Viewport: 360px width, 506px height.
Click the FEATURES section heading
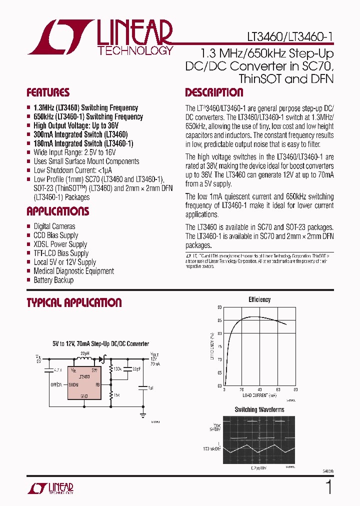point(48,93)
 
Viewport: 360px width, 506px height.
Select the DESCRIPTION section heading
point(214,93)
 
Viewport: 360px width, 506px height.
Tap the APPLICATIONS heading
point(57,211)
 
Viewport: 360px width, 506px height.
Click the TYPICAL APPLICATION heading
point(74,303)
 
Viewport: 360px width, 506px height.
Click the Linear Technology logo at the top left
point(100,37)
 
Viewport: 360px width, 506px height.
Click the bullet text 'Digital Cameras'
point(54,226)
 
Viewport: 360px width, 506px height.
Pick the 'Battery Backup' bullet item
point(53,280)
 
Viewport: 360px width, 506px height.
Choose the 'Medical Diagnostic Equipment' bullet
point(73,271)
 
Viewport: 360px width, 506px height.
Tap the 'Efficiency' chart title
point(259,299)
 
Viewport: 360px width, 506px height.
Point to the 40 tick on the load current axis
point(259,389)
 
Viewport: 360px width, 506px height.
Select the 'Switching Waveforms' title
point(259,410)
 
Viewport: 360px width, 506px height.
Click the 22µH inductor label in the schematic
point(84,353)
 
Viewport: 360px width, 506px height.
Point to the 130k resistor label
point(117,369)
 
